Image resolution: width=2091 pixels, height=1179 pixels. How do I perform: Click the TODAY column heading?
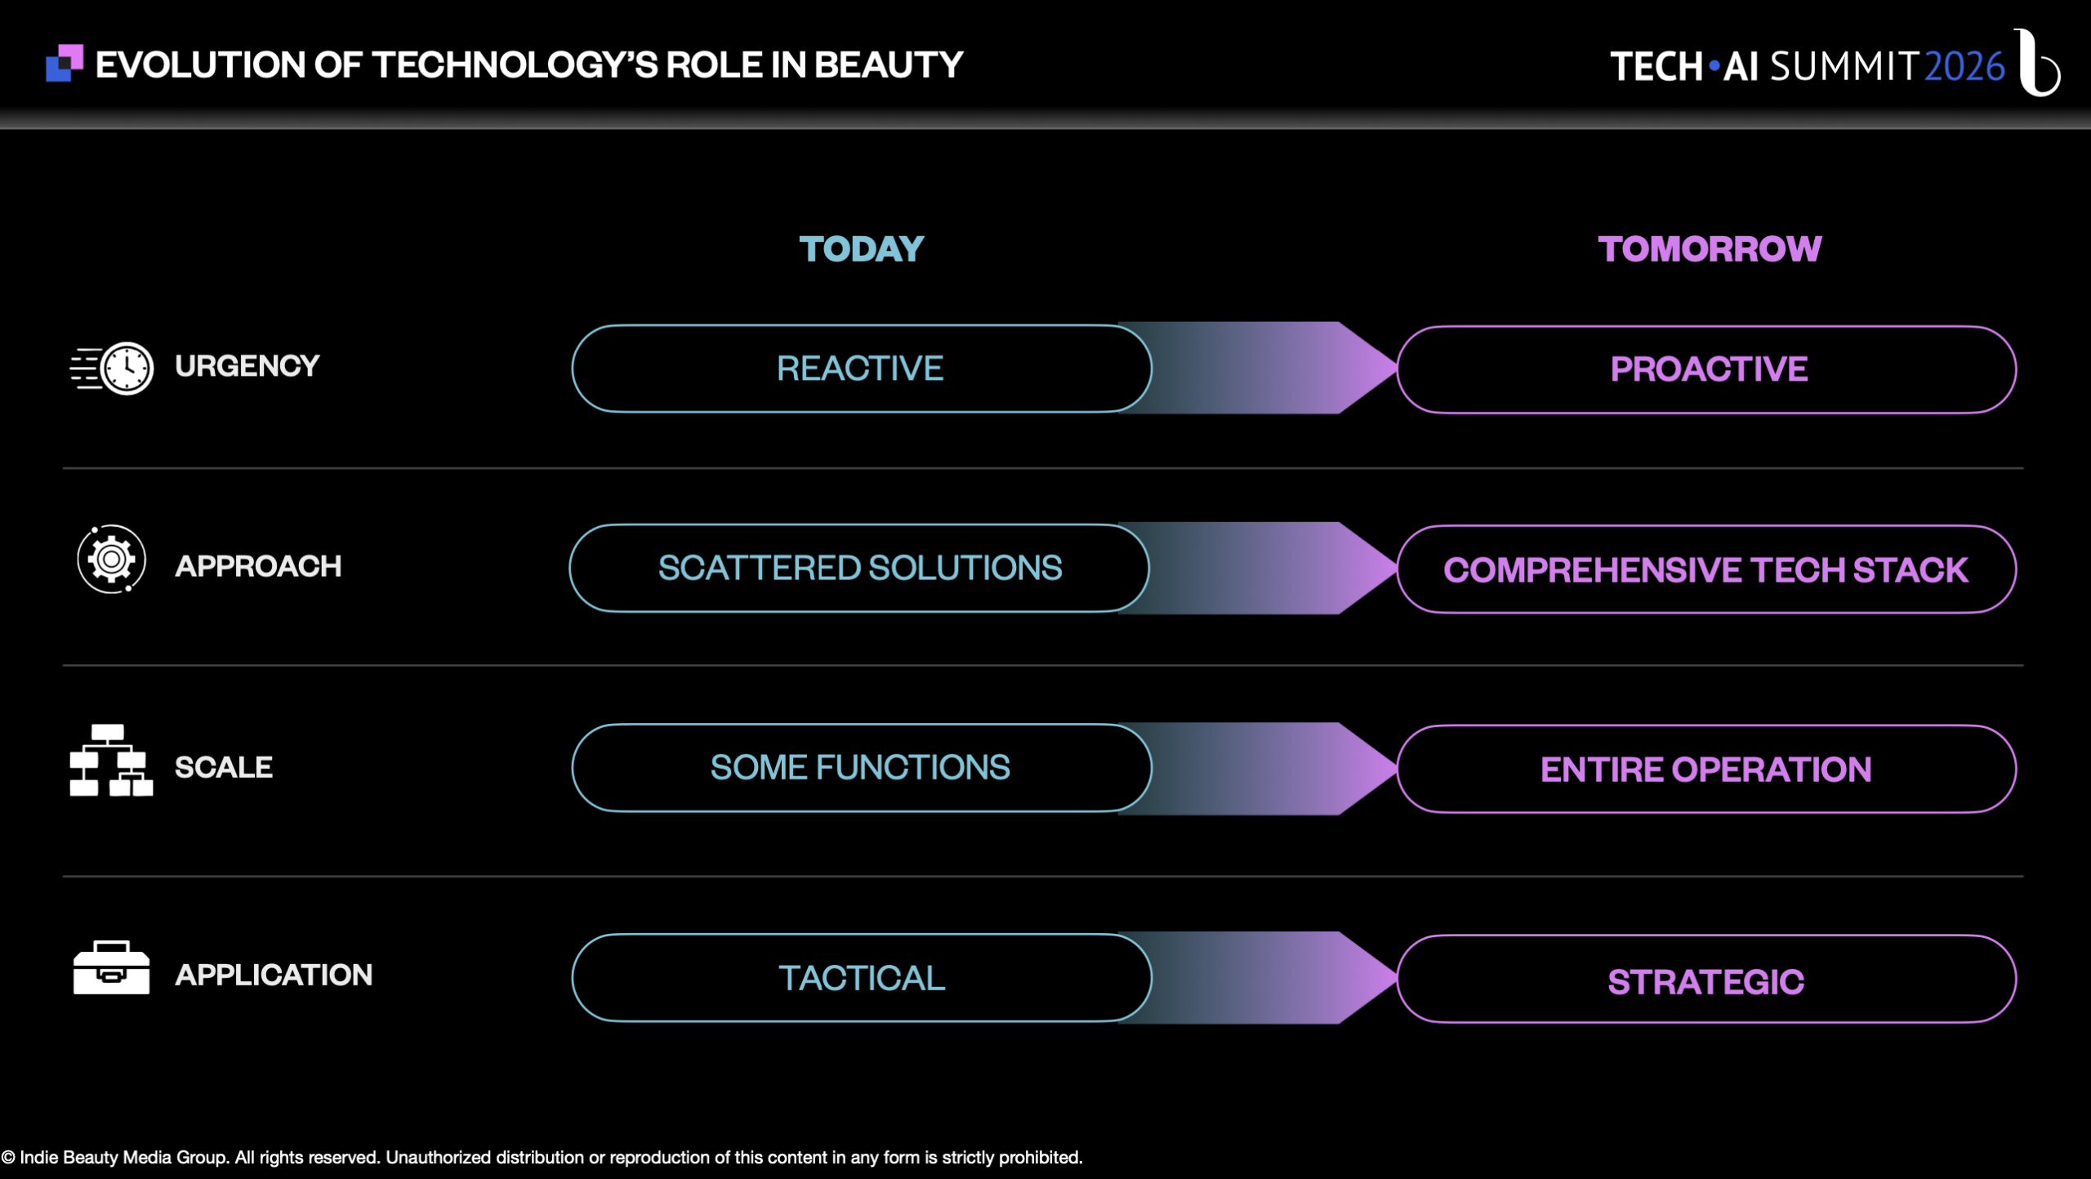click(x=861, y=249)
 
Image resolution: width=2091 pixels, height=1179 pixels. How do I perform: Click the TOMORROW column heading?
click(x=1710, y=249)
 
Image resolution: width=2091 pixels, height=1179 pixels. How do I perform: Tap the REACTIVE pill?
click(x=862, y=368)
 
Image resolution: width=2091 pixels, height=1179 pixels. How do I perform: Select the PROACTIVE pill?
click(x=1706, y=369)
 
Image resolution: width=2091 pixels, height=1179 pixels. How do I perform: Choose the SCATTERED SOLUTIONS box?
click(x=859, y=568)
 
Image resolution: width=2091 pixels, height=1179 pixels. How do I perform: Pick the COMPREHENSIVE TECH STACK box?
click(x=1706, y=569)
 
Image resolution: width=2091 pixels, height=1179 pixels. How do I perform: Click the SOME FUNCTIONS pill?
click(x=862, y=768)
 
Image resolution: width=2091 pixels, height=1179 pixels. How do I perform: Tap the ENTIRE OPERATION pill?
click(x=1706, y=769)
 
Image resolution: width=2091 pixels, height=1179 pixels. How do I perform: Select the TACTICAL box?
click(x=862, y=978)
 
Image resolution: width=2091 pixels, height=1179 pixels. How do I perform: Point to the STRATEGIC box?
click(x=1706, y=979)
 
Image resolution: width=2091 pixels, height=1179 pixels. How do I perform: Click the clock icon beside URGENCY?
click(x=113, y=368)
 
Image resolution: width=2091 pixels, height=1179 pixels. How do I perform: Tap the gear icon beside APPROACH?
click(x=112, y=560)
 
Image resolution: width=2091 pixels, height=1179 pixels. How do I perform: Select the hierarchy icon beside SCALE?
click(x=111, y=760)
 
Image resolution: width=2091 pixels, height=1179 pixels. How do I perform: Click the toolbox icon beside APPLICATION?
click(x=111, y=967)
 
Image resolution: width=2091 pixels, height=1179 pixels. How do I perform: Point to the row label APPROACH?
click(x=258, y=566)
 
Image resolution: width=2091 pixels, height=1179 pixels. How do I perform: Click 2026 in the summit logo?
click(x=1964, y=67)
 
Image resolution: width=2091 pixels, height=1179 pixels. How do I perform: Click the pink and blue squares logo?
click(x=65, y=63)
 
